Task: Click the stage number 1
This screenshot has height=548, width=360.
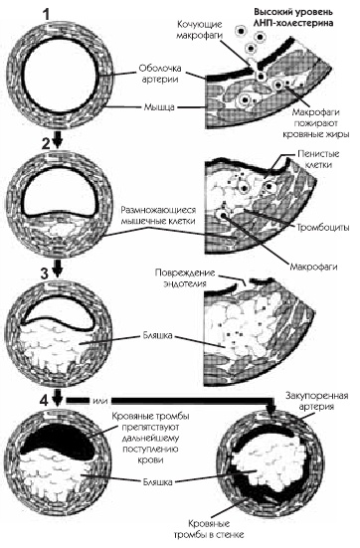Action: pos(47,15)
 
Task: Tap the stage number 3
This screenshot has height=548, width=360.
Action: pos(45,274)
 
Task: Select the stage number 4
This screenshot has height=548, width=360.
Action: pos(45,401)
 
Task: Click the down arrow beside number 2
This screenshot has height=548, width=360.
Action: pos(58,141)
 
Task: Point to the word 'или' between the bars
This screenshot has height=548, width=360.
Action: pos(100,401)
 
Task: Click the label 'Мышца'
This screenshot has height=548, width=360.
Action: pos(160,106)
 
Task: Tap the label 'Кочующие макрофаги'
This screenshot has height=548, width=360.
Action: pos(200,30)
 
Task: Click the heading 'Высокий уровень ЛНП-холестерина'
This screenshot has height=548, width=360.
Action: pos(293,18)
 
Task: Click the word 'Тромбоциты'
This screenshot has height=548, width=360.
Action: pos(323,228)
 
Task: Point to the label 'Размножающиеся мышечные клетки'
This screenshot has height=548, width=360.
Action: pos(158,215)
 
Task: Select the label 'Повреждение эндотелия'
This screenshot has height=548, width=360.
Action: pos(185,277)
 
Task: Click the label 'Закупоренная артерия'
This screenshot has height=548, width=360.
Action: pos(317,401)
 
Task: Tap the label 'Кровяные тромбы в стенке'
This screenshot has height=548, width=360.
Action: pos(209,529)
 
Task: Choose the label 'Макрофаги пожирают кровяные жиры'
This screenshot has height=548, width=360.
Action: pos(315,123)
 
